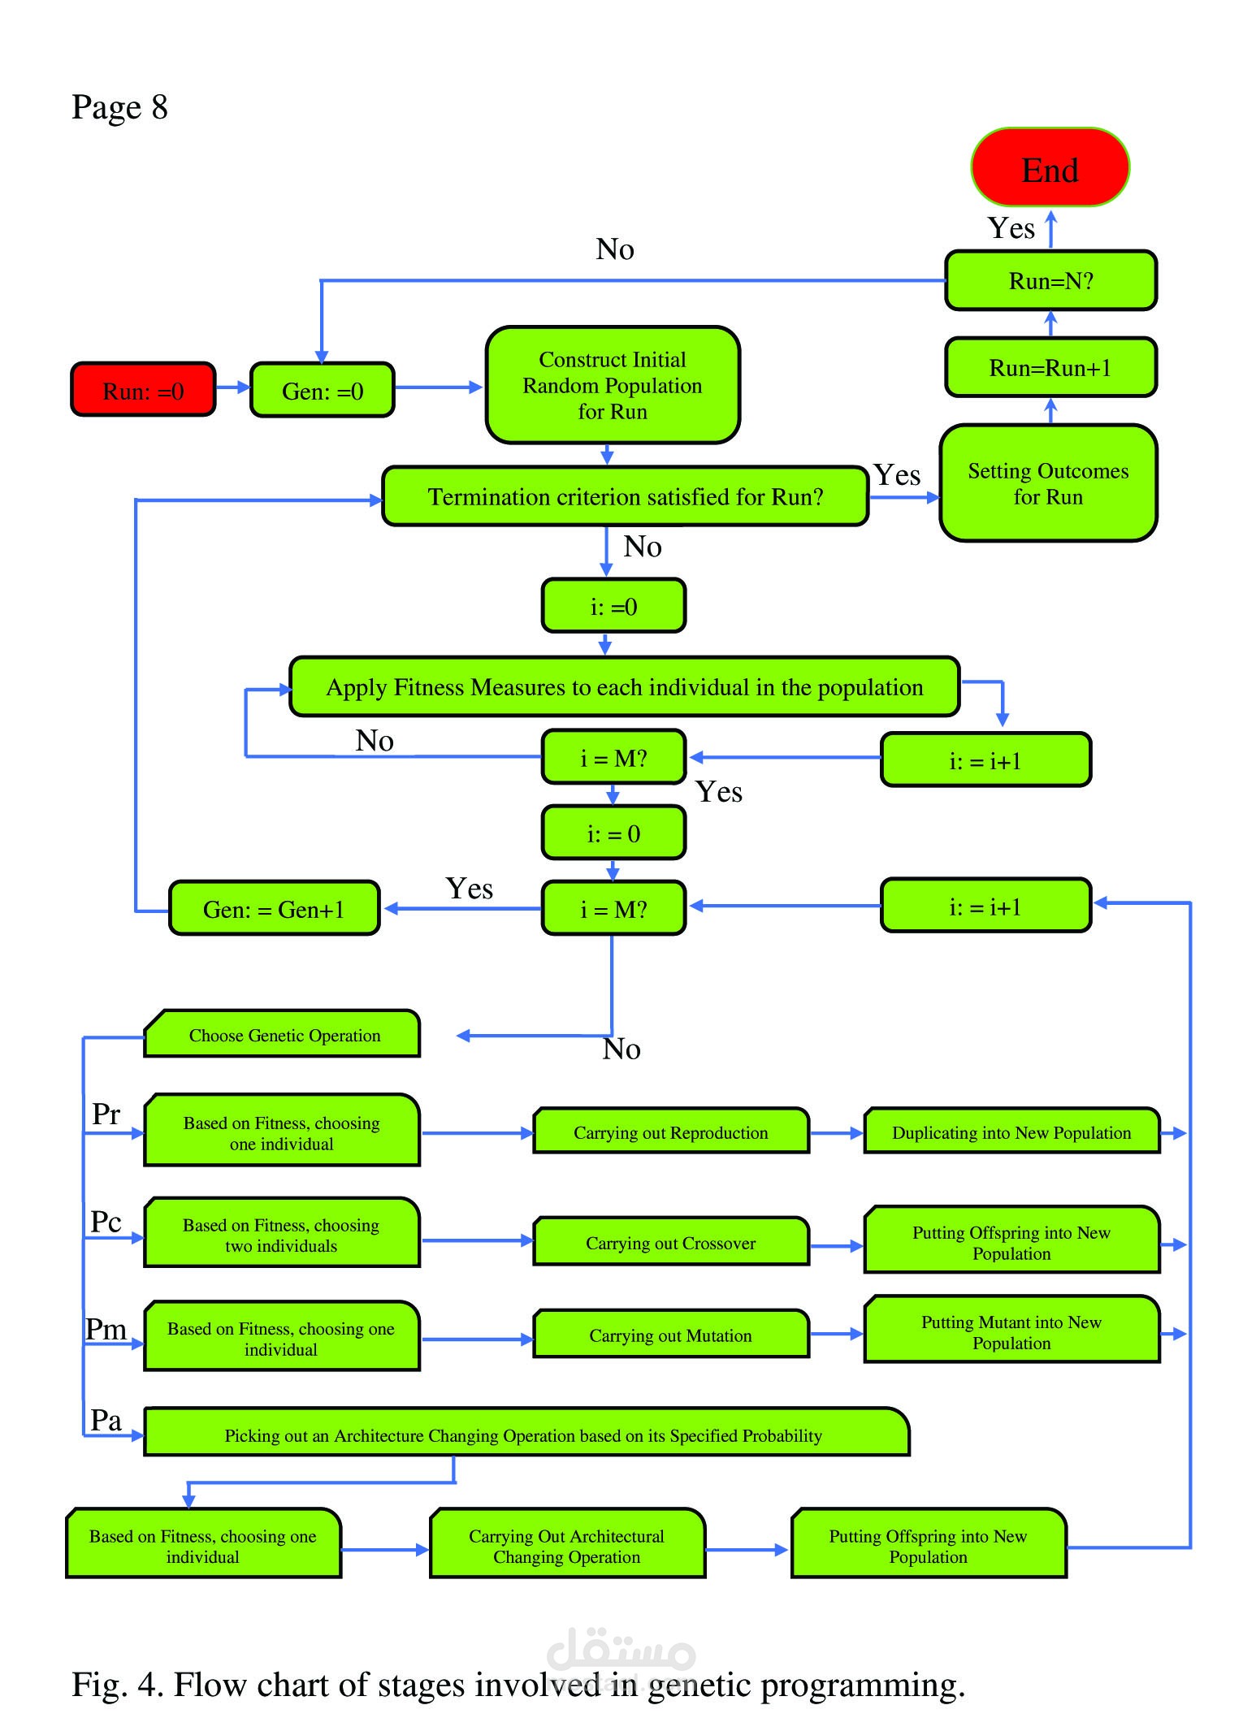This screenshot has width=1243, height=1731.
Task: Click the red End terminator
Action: coord(1050,167)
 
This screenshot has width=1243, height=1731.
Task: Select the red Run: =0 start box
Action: coord(143,390)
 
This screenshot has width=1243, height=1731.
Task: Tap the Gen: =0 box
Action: coord(323,390)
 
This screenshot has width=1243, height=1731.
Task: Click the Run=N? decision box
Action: coord(1050,280)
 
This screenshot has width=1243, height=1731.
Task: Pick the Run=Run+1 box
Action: coord(1050,367)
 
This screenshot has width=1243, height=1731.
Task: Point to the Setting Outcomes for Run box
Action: coord(1048,483)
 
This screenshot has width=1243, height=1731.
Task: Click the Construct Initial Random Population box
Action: coord(613,385)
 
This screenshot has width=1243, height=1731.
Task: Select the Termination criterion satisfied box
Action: coord(626,495)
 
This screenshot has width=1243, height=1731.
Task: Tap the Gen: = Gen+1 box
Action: coord(274,908)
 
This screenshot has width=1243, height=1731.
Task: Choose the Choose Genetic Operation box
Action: coord(282,1034)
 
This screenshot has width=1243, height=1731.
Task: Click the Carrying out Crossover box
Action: coord(671,1241)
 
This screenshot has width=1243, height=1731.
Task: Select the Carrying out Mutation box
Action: coord(671,1334)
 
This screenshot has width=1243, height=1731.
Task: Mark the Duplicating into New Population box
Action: coord(1011,1131)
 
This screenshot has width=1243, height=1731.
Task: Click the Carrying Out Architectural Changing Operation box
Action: coord(567,1544)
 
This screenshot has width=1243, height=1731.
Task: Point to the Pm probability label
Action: coord(106,1330)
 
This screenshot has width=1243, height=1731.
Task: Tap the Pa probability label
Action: coord(106,1420)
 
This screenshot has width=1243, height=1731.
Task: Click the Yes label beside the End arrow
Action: coord(1011,228)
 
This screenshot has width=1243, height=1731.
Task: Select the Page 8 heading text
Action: coord(119,107)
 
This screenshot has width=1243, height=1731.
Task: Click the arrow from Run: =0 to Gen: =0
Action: coord(233,387)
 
